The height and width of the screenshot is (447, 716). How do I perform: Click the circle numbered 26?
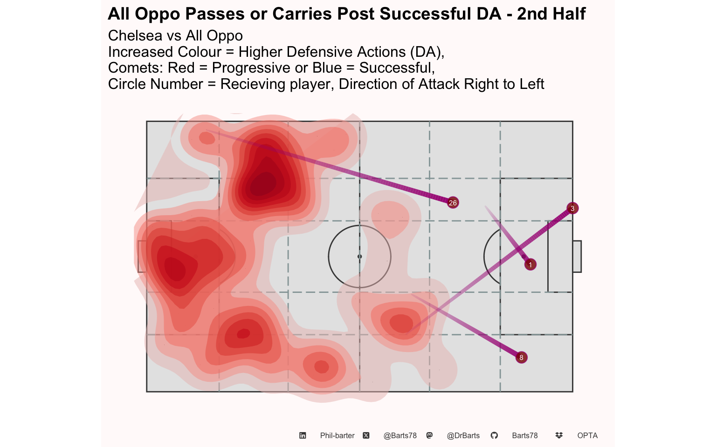click(x=453, y=203)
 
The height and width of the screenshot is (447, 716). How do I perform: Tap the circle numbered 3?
click(x=572, y=209)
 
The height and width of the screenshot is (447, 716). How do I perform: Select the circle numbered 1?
click(x=530, y=264)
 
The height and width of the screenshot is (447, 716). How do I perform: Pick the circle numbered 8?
click(x=521, y=358)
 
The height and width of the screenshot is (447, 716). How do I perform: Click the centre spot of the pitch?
click(x=359, y=257)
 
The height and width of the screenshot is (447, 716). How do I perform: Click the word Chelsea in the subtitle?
click(x=135, y=35)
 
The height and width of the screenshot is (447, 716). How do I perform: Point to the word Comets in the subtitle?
click(x=136, y=68)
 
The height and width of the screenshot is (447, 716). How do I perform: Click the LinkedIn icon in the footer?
click(x=303, y=435)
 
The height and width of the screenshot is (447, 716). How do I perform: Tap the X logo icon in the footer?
click(x=366, y=435)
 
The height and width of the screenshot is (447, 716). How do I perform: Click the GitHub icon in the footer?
click(x=494, y=435)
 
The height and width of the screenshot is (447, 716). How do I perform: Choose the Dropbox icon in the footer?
click(x=559, y=435)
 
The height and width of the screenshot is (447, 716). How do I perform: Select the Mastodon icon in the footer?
click(x=430, y=435)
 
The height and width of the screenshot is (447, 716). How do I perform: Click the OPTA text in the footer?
click(x=587, y=436)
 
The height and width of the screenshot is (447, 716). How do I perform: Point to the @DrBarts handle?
click(x=463, y=436)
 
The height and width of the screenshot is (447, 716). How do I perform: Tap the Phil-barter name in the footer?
click(x=337, y=436)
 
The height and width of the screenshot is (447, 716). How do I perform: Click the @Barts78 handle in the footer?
click(x=400, y=436)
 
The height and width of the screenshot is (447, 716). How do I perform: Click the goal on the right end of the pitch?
click(x=577, y=257)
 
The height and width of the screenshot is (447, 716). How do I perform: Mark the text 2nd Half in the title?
click(x=551, y=14)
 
